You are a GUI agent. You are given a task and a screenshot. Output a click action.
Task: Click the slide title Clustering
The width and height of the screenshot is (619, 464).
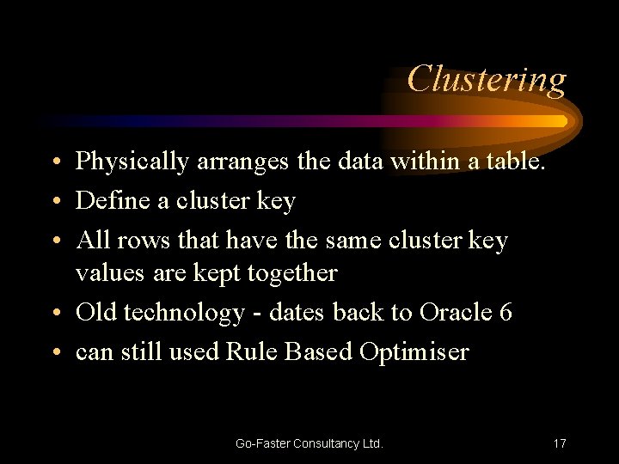tap(487, 79)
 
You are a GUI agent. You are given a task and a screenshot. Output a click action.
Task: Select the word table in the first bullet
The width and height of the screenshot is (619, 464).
tap(518, 161)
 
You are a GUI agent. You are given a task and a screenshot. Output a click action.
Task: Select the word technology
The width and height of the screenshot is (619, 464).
tap(183, 313)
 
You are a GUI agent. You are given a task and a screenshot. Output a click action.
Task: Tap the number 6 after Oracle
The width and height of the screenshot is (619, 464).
tap(506, 312)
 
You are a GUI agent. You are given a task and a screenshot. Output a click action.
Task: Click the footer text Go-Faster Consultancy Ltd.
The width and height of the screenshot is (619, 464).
tap(309, 443)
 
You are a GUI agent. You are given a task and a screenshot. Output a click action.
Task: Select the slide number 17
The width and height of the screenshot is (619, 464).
tap(559, 443)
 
